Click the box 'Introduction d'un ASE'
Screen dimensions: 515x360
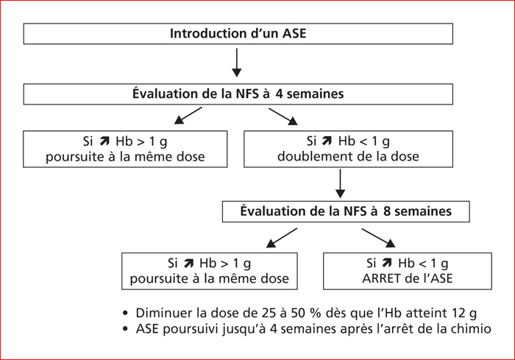point(238,34)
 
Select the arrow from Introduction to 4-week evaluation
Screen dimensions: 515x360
point(237,63)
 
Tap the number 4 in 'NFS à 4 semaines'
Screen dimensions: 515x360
point(279,94)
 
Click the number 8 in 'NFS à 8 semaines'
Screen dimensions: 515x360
point(386,211)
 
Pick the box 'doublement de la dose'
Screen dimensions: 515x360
point(348,149)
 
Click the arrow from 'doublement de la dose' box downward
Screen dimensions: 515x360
point(340,184)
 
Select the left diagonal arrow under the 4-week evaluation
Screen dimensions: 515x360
point(188,116)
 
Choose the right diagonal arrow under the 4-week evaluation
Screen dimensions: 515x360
point(283,117)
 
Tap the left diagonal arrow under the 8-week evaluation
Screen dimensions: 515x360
point(282,238)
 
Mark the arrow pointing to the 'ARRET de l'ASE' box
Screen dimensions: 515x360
point(379,238)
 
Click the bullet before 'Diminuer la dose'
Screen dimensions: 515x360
point(125,313)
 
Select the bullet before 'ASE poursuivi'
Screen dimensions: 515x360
point(125,328)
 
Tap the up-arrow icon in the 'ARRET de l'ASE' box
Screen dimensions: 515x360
point(387,263)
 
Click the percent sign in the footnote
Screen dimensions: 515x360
point(314,313)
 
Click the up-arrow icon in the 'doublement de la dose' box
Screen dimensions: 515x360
point(327,141)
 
